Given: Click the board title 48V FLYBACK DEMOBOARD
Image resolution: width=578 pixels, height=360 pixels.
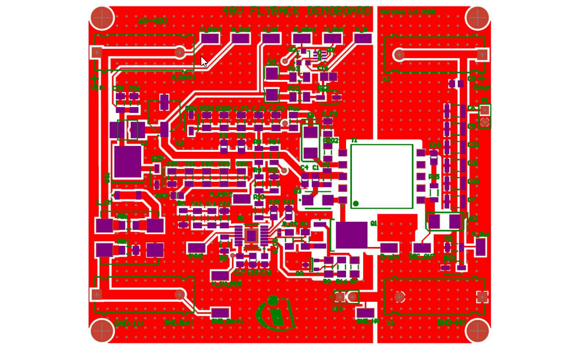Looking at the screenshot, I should (x=297, y=11).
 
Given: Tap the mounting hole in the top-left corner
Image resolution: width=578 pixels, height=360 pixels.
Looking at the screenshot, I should (x=102, y=18).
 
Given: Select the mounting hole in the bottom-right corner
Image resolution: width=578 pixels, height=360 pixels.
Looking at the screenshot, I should (x=477, y=331).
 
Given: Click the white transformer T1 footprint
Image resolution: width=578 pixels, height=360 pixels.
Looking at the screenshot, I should (x=381, y=175).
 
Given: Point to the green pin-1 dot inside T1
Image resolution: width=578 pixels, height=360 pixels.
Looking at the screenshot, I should (x=356, y=204).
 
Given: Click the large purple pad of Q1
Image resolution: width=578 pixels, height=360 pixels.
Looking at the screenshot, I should (x=351, y=235).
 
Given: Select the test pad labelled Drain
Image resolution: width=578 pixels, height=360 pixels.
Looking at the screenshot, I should (x=389, y=248).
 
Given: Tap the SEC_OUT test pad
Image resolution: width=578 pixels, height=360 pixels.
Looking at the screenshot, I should (x=421, y=248).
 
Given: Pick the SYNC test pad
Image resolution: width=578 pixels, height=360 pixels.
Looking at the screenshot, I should (x=196, y=248).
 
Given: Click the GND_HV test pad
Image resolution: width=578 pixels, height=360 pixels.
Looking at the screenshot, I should (x=365, y=313).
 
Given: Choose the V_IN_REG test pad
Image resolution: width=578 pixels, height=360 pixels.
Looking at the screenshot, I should (x=220, y=276).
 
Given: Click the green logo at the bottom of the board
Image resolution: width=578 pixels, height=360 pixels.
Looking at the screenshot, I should (x=275, y=314).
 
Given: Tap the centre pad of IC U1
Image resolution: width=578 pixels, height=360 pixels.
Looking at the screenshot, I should (x=251, y=236).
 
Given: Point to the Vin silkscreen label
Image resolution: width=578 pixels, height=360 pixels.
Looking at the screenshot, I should (x=97, y=88).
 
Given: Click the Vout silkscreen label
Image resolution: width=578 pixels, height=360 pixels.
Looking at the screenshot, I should (x=481, y=88).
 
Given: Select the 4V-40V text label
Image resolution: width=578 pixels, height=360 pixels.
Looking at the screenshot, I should (x=152, y=22).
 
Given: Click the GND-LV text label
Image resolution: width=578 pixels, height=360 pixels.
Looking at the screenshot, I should (x=128, y=324).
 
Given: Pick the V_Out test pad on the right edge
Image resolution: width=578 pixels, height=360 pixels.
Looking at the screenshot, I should (x=480, y=247).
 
